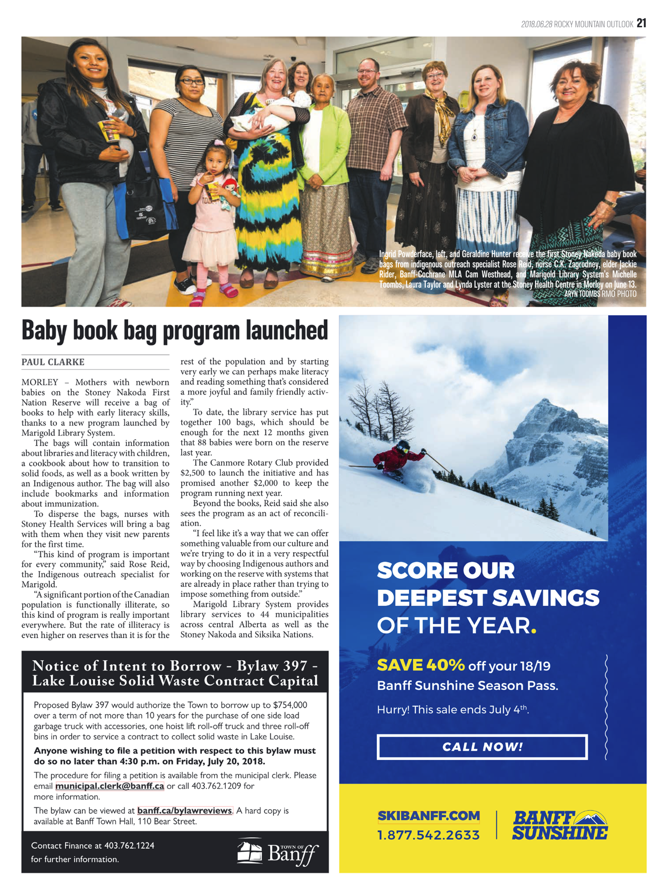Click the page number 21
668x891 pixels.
(x=641, y=23)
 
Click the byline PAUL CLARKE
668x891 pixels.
(x=53, y=362)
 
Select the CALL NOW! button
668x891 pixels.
(x=482, y=747)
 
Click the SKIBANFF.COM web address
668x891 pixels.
(x=428, y=816)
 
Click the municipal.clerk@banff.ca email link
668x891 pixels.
(x=110, y=786)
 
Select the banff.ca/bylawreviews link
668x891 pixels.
(x=184, y=810)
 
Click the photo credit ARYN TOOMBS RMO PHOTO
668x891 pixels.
(x=600, y=294)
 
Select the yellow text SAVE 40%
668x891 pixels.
(x=420, y=665)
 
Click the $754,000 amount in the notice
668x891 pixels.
(x=290, y=705)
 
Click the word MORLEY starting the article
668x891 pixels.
(x=40, y=382)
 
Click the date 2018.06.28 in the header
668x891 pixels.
(x=536, y=24)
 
